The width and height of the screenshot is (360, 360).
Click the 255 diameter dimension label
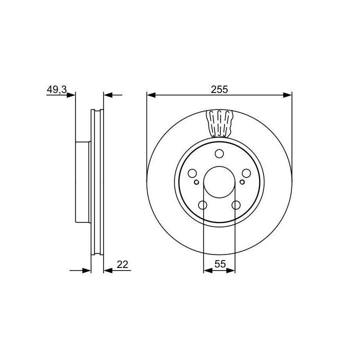point(219,89)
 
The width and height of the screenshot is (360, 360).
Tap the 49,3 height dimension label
point(56,89)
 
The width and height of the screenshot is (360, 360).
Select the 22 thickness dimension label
point(122,264)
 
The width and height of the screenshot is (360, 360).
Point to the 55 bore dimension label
point(220,264)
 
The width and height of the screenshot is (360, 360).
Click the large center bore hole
point(219,182)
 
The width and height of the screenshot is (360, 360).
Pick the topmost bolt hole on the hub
point(219,153)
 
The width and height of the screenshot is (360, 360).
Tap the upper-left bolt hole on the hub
point(192,173)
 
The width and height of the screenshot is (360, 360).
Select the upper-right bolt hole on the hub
point(246,173)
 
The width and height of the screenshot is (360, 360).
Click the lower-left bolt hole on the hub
point(202,205)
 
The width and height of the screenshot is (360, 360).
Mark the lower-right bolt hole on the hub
point(236,205)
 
